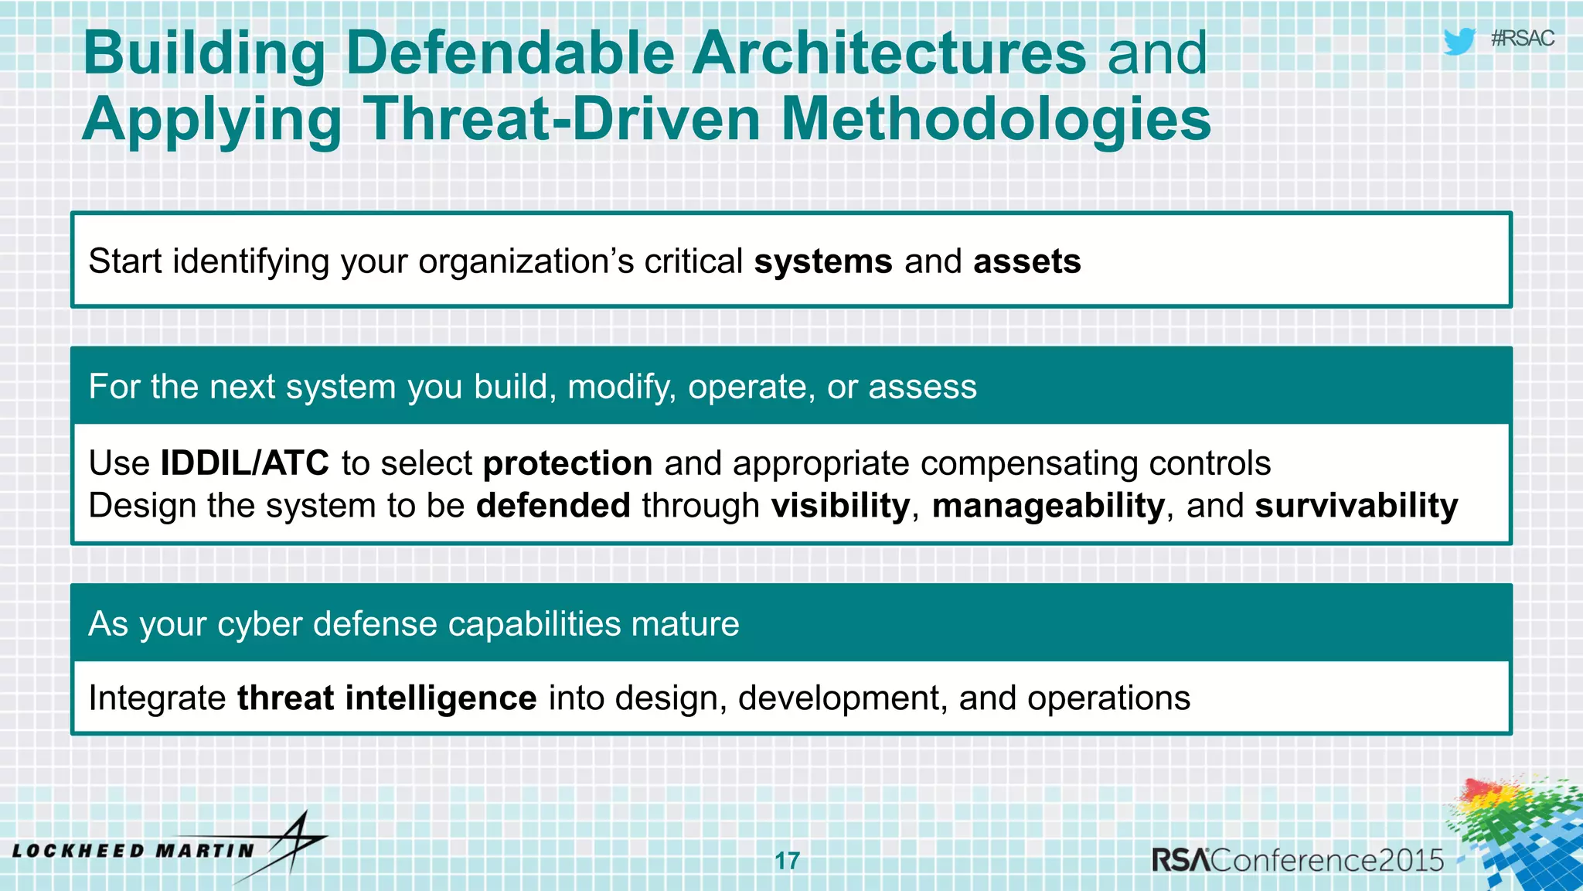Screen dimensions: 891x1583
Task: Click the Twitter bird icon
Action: [1459, 41]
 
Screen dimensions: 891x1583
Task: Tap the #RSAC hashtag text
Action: [1522, 39]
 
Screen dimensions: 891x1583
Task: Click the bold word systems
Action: [823, 261]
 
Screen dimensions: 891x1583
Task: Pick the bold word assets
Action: [1026, 261]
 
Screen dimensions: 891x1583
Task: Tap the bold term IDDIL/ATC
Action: [244, 463]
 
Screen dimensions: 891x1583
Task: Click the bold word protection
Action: [567, 463]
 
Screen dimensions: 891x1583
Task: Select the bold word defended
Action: [553, 506]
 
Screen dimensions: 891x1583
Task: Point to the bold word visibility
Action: [840, 506]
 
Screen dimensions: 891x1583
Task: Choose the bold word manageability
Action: [1048, 506]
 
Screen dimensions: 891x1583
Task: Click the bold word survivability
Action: [1356, 506]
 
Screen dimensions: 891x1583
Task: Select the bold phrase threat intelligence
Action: [386, 698]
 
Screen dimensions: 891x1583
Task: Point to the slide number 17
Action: [787, 860]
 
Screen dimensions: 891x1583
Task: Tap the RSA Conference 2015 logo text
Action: [1297, 860]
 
